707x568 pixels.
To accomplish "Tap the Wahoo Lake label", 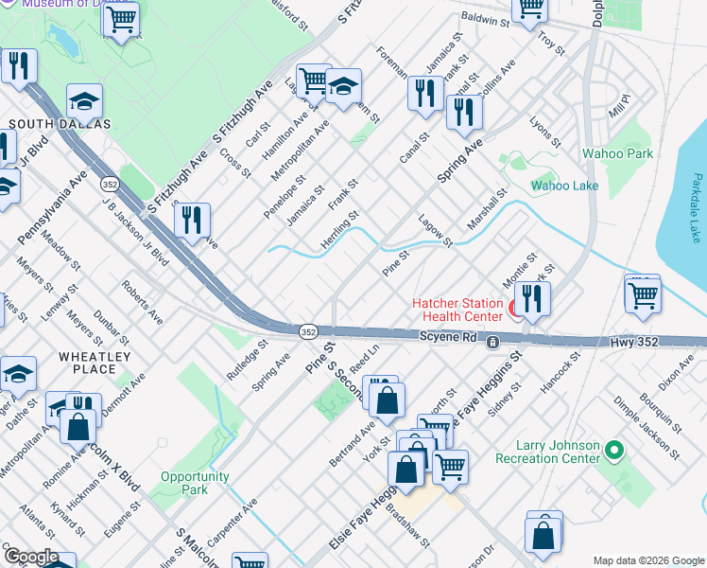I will coord(564,186).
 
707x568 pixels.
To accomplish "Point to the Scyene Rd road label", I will coord(450,337).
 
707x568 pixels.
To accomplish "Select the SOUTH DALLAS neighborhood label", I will coord(60,124).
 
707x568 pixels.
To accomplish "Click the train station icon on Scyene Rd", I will coord(492,343).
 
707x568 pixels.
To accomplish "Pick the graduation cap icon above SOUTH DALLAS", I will coord(84,101).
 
